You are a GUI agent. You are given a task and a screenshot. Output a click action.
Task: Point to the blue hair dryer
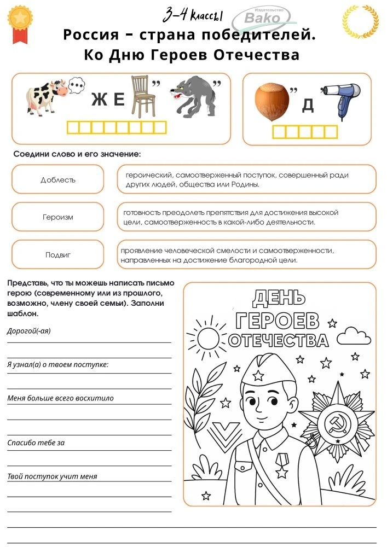pos(340,99)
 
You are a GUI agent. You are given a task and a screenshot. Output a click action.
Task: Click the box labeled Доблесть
pos(57,179)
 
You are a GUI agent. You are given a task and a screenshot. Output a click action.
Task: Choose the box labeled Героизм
pos(57,217)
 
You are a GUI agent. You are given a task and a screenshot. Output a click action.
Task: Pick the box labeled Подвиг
pos(57,254)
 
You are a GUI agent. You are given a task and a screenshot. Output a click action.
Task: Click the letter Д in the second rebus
pos(308,106)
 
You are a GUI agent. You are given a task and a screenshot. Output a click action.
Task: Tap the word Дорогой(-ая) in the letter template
pos(28,331)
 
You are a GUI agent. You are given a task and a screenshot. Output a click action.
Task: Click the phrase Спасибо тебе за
pos(36,443)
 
